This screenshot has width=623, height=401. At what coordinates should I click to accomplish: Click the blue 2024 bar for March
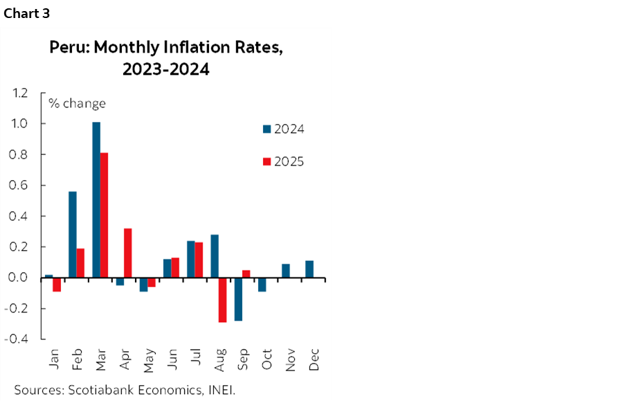(96, 200)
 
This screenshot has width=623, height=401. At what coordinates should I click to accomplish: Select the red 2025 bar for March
(104, 215)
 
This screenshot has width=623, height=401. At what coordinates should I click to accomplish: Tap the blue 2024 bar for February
(73, 235)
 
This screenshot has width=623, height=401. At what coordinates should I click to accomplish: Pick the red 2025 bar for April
(127, 253)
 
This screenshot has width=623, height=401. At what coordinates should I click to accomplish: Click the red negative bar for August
(223, 300)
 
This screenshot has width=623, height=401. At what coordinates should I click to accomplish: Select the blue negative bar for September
(239, 299)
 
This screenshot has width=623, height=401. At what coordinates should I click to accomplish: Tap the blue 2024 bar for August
(215, 256)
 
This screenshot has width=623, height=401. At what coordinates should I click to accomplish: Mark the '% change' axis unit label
(77, 104)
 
